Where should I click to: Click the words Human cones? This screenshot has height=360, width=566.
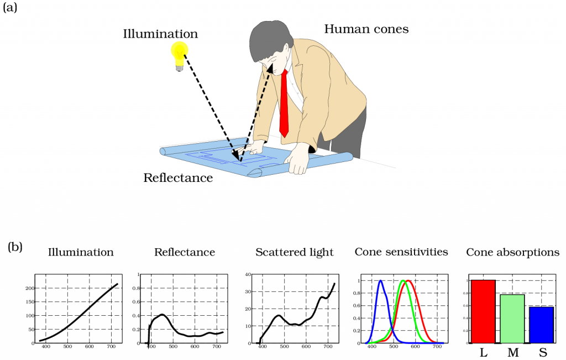coord(366,29)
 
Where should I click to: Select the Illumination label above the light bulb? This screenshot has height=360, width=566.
coord(160,34)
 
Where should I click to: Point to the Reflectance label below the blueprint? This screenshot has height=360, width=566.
coord(178,178)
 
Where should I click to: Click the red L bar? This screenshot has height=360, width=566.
coord(483,311)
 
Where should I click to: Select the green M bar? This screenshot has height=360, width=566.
coord(512,319)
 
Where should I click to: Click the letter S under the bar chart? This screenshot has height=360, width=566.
coord(543,352)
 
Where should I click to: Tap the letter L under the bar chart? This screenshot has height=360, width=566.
coord(484,352)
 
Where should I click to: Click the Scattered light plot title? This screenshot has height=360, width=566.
coord(294,252)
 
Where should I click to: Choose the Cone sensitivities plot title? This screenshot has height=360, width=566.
coord(401,252)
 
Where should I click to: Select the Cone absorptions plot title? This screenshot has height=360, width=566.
coord(512,252)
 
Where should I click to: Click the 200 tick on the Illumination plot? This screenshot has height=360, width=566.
coord(30,288)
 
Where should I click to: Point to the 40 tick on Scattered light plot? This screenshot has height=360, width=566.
coord(248,274)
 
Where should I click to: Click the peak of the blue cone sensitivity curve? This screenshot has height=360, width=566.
coord(380,280)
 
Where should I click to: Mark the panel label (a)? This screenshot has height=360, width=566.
coord(10,7)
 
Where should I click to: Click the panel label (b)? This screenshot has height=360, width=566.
coord(15,247)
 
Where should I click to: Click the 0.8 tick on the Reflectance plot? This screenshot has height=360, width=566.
coord(136,288)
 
